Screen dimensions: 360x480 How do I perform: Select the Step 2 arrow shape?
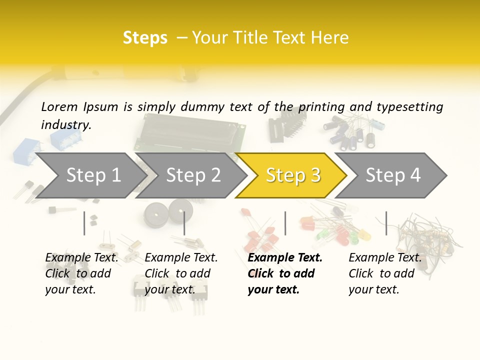[193, 175]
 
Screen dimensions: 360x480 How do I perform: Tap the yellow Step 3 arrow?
[293, 175]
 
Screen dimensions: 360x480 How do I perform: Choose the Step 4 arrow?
[393, 175]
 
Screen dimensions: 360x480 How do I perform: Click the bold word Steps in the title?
[145, 38]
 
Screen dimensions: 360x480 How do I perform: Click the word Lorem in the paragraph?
[59, 107]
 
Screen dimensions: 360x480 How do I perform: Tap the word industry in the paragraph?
[65, 125]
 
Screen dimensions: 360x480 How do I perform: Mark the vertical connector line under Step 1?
[84, 223]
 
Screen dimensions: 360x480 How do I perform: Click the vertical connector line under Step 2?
[184, 223]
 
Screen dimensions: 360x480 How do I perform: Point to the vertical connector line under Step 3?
[285, 223]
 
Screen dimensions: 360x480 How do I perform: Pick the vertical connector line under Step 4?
[386, 223]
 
